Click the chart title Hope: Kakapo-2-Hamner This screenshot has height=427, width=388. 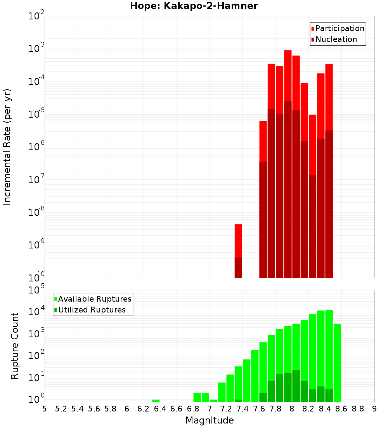point(194,6)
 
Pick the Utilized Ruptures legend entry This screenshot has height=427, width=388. point(92,310)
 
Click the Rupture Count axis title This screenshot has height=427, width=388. point(15,345)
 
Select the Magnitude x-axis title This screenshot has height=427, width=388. point(210,420)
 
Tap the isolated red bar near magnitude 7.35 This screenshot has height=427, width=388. point(238,241)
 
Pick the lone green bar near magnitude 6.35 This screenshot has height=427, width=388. point(156,401)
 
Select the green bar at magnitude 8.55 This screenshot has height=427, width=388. point(337,363)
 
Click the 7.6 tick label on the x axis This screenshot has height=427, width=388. point(259,409)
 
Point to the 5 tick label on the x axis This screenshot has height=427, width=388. point(45,409)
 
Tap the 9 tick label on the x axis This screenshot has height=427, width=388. point(374,409)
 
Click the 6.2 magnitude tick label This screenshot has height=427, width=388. point(143,409)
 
